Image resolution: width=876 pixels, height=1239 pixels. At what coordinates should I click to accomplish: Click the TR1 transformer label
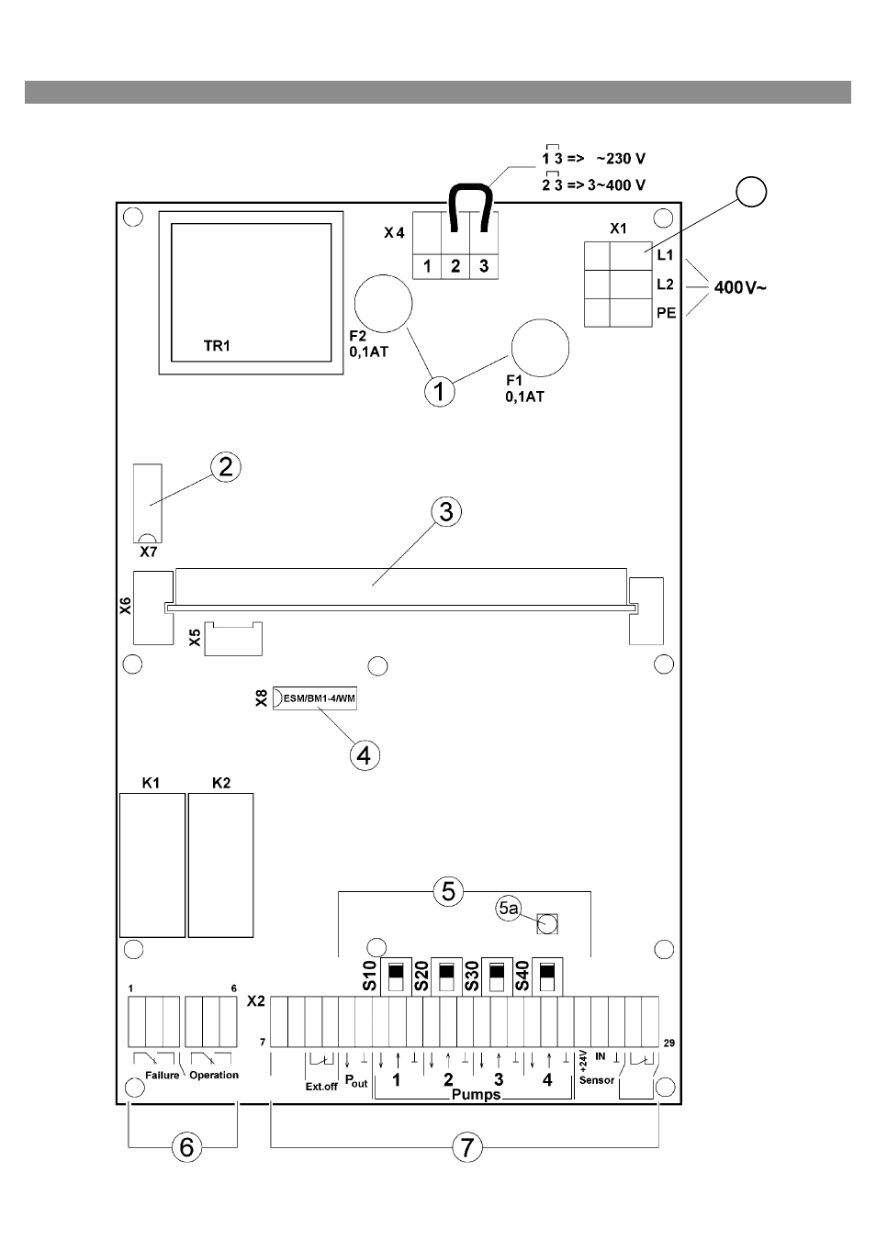coord(217,346)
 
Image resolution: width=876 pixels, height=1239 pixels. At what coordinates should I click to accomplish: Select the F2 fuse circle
coord(384,304)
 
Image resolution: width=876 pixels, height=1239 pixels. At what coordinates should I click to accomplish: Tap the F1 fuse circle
coord(540,348)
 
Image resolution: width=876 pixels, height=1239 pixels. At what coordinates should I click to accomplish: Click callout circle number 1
coord(440,392)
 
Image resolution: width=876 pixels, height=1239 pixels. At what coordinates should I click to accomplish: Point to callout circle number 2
coord(226,467)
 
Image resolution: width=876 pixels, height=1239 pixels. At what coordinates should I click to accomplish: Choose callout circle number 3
coord(446,511)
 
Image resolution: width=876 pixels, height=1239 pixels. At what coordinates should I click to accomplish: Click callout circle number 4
coord(365,755)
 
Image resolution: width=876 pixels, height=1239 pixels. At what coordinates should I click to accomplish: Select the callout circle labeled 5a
coord(509,908)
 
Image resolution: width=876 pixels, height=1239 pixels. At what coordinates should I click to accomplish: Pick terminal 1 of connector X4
coord(427,266)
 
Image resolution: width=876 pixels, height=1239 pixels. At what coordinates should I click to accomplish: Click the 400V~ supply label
coord(740,287)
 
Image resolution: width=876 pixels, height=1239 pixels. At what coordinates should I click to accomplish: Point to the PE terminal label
coord(667,313)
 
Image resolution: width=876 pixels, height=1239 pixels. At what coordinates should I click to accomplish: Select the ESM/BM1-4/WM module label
coord(320,698)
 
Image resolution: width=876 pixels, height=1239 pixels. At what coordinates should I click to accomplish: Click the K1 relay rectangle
coord(152,865)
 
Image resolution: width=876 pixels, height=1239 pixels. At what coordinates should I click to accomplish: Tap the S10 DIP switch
coord(396,977)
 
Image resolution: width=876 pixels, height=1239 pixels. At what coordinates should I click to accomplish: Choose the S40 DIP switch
coord(547,977)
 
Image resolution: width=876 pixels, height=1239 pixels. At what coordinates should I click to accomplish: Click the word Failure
coord(163,1075)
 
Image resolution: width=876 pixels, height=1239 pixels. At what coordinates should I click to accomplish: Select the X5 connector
coord(233,639)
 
